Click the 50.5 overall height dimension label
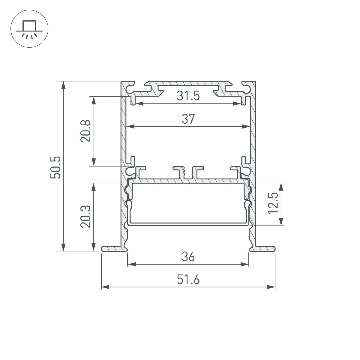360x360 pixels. (x=56, y=167)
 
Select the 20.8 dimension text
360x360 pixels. (x=85, y=131)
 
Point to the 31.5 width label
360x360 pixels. (x=188, y=96)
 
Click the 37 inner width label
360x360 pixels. (x=188, y=119)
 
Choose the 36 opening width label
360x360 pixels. (x=188, y=257)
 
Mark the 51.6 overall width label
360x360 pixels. (x=188, y=280)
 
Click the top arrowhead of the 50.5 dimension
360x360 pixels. (x=63, y=85)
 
